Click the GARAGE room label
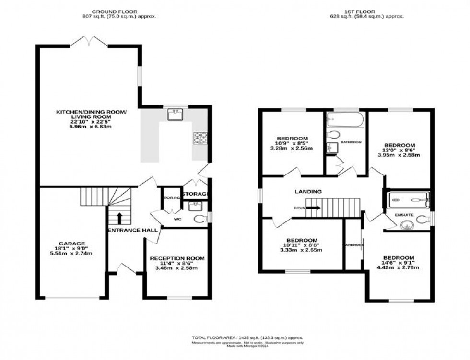click(71, 244)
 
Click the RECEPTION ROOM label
click(177, 258)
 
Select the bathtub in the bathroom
click(345, 121)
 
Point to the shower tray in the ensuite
click(409, 198)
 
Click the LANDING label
click(308, 191)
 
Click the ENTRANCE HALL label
click(133, 231)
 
